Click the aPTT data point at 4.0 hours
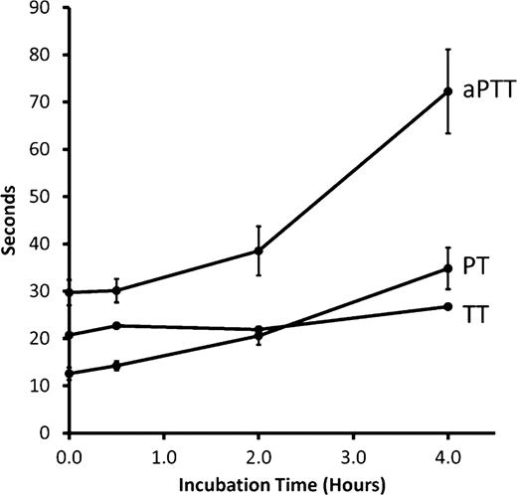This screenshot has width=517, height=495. (447, 91)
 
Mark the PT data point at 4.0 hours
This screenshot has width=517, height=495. (447, 268)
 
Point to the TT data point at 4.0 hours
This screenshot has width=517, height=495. (447, 306)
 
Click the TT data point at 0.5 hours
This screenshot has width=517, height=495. (116, 325)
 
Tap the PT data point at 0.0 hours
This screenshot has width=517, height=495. (69, 373)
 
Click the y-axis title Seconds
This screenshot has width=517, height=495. (13, 221)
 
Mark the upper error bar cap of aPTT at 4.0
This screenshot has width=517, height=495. (447, 49)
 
